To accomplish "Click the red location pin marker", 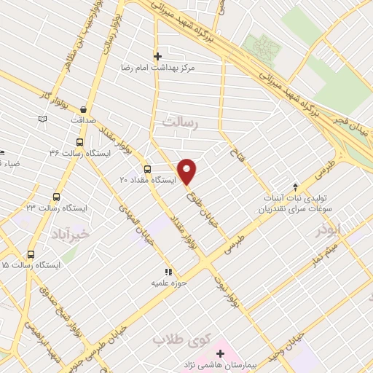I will [188, 170].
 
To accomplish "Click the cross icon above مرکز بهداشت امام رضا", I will [157, 55].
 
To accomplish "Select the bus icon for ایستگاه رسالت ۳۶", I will [79, 141].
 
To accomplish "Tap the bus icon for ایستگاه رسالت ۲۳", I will [57, 197].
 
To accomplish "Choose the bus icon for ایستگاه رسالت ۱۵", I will [31, 254].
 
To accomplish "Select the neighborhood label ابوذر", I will [329, 230].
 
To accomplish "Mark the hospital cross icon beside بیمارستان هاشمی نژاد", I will [220, 353].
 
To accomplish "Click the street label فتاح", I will [235, 154].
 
